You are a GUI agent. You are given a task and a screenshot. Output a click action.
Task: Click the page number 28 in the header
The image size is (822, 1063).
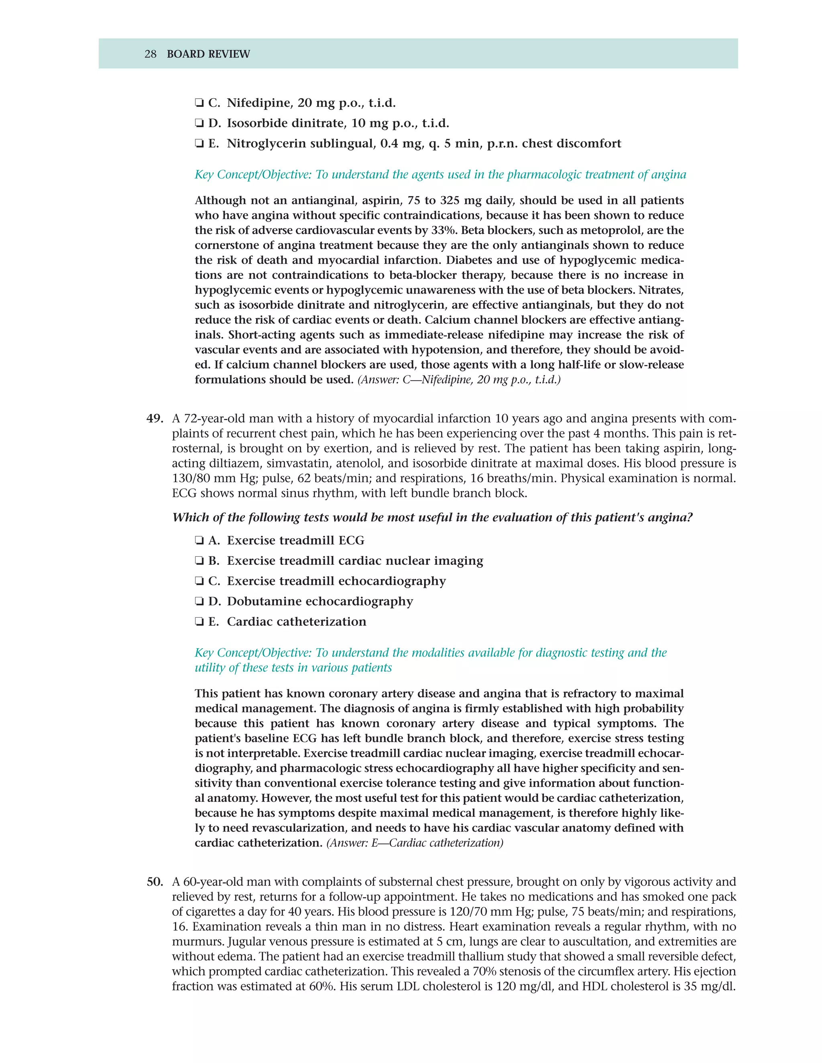(150, 54)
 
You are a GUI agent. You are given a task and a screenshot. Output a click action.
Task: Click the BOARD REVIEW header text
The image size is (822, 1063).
(208, 54)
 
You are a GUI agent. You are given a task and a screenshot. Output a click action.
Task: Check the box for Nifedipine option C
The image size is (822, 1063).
(199, 103)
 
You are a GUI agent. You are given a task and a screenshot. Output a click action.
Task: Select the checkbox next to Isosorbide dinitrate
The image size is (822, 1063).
(199, 124)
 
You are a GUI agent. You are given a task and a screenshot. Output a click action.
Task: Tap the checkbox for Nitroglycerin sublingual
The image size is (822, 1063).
(199, 144)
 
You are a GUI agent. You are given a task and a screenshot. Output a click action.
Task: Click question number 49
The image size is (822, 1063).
(155, 418)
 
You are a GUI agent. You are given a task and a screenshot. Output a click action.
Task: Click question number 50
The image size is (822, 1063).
(155, 882)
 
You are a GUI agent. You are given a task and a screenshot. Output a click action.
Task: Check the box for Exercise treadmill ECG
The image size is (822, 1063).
(199, 541)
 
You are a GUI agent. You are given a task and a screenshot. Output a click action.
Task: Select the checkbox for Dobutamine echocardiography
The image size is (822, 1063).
(199, 602)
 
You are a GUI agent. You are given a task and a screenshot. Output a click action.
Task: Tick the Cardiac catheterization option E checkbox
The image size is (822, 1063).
(199, 622)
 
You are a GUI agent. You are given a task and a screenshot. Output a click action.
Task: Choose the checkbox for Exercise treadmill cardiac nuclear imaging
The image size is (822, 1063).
(199, 561)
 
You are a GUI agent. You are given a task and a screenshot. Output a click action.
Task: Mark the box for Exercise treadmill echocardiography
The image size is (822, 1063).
(199, 581)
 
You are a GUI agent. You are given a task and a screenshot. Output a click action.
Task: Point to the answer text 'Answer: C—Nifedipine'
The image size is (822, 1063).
(459, 379)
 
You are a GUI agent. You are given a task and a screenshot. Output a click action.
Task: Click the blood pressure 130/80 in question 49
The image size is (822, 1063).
(191, 479)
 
